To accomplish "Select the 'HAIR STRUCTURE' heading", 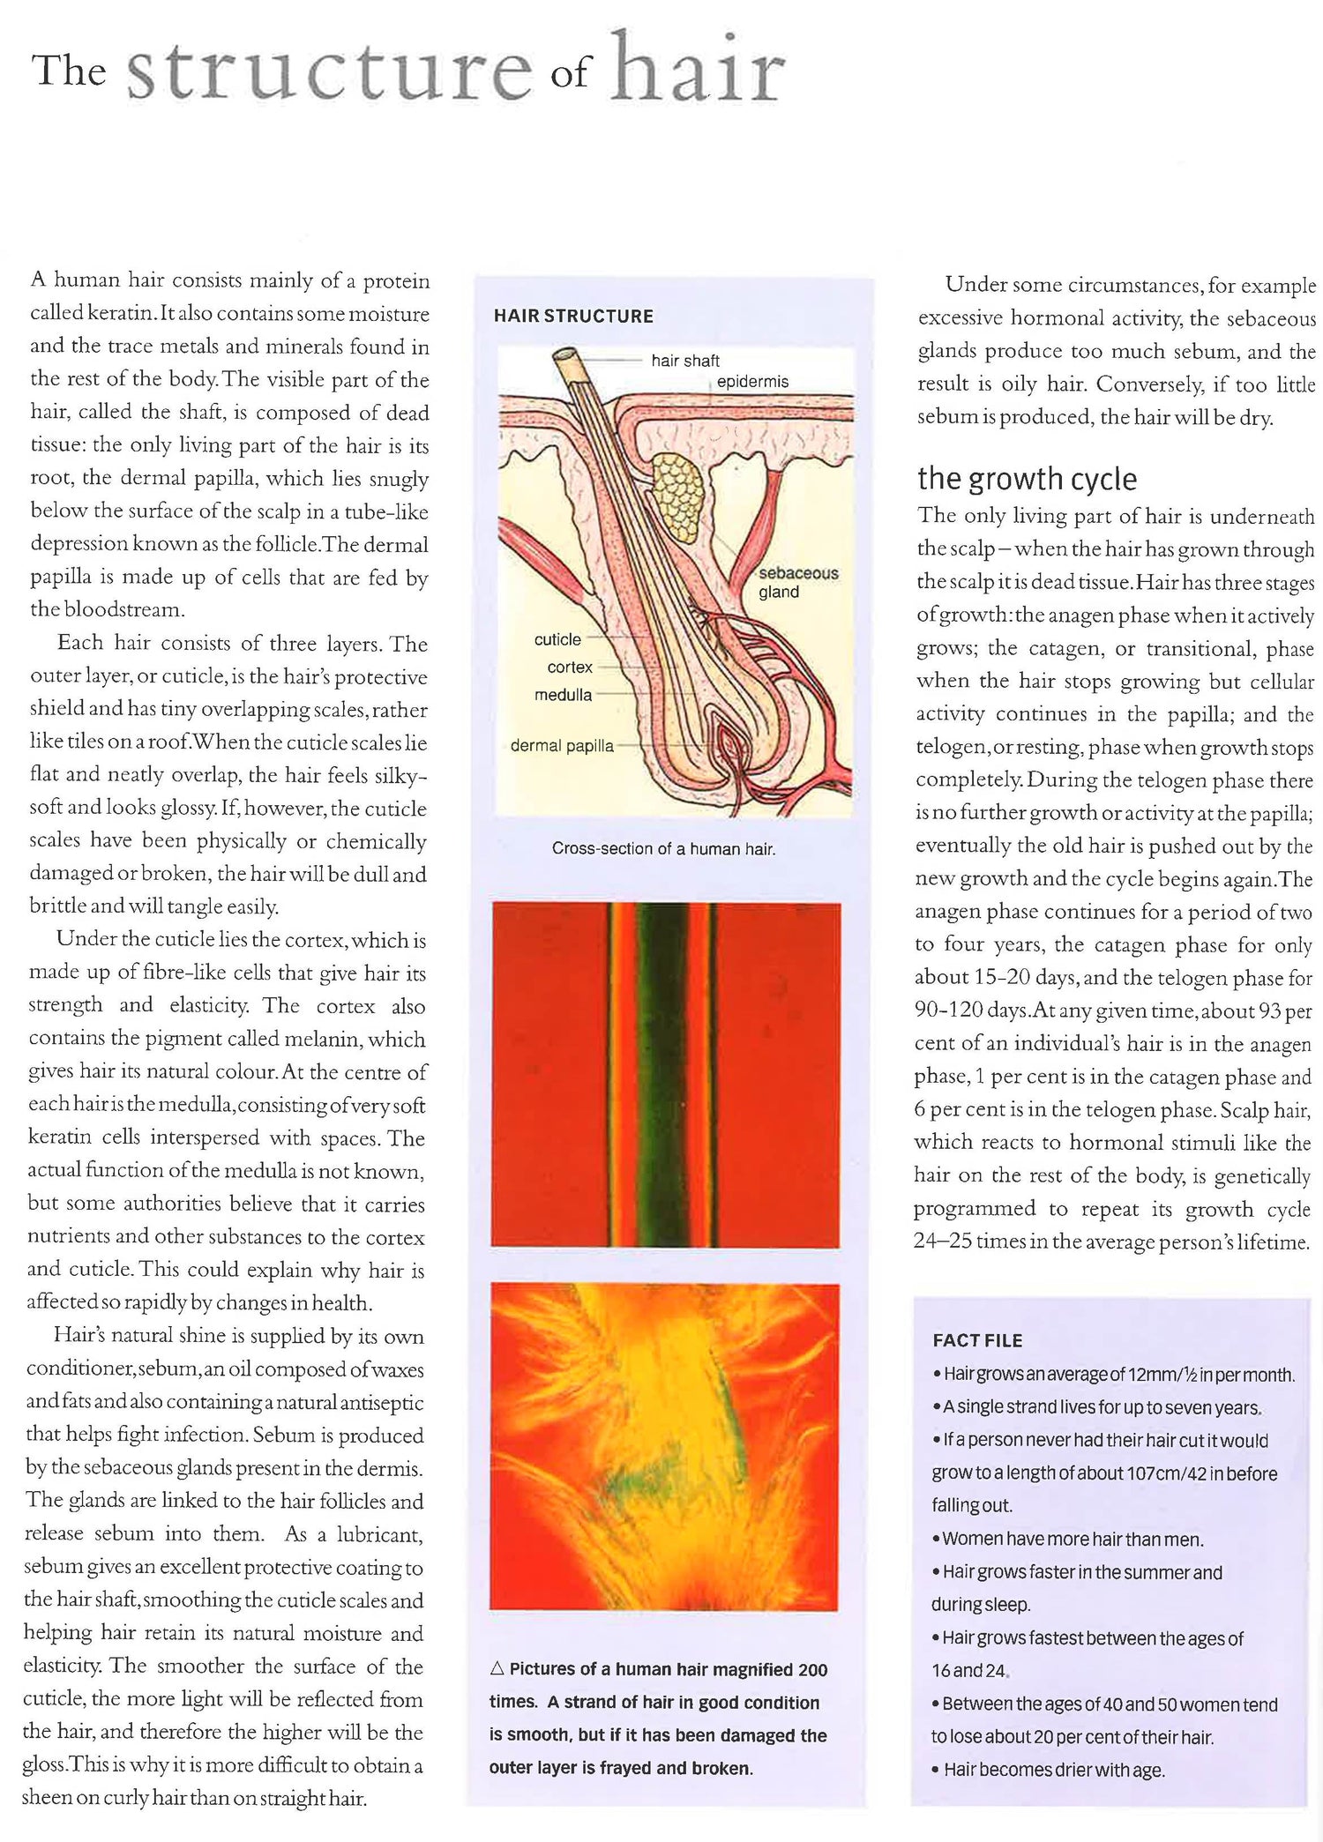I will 573,316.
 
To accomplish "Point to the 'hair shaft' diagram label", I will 685,361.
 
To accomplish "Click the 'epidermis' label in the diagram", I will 752,382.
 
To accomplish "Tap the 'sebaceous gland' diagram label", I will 797,582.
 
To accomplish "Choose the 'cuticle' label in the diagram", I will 557,639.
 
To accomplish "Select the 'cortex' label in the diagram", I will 569,667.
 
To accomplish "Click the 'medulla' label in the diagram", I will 563,695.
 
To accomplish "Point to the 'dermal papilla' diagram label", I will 562,746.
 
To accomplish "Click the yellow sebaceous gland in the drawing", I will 678,498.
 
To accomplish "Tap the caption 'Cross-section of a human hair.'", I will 663,849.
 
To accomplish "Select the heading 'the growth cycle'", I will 1027,479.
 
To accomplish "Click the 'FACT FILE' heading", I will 977,1340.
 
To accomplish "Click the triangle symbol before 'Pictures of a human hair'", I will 497,1669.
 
